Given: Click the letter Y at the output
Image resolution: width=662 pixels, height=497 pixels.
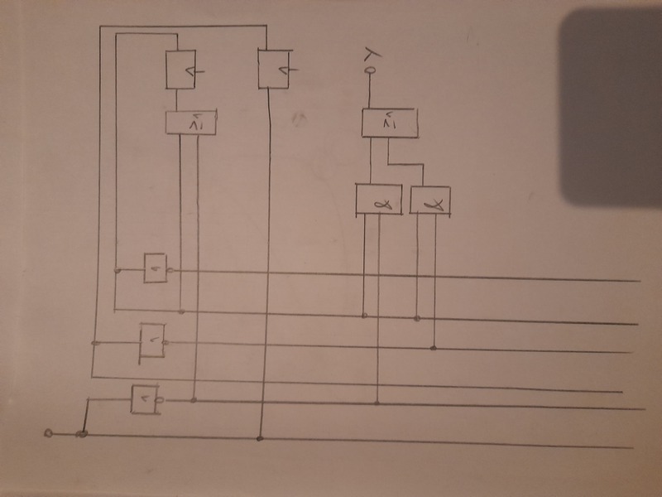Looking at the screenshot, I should (x=372, y=55).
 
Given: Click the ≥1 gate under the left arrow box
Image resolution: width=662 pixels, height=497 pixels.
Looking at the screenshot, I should (x=189, y=123).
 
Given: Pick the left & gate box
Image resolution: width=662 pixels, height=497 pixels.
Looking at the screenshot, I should (x=378, y=199).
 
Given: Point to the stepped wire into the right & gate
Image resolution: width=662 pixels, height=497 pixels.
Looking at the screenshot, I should (x=406, y=164).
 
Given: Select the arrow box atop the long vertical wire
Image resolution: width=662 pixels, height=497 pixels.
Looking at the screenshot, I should (x=276, y=68).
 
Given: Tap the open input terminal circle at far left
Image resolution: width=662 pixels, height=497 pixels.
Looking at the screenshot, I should (x=48, y=432).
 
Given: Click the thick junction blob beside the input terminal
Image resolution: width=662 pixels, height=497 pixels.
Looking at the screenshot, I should (x=82, y=433).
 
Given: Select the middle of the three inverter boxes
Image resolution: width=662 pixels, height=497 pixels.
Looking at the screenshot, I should (x=151, y=340).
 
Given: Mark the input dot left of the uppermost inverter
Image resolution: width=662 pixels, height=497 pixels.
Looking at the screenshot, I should (x=118, y=270).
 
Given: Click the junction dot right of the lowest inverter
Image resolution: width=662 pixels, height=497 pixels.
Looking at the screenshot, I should (x=194, y=400).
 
